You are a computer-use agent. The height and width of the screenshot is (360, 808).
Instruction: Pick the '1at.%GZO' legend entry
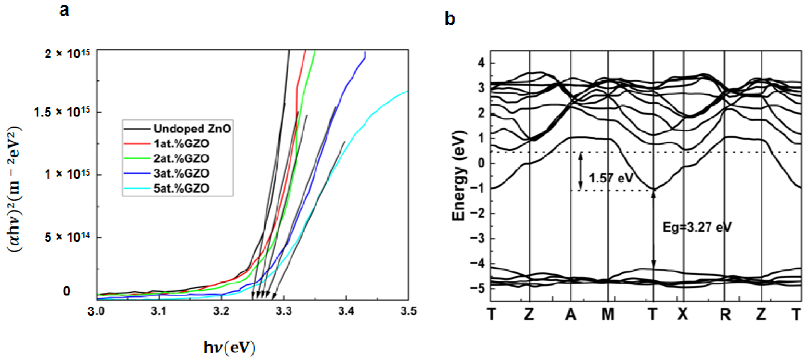181,144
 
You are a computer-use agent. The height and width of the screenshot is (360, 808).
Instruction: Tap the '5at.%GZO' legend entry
181,188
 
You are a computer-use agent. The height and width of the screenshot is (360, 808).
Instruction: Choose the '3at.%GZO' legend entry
181,173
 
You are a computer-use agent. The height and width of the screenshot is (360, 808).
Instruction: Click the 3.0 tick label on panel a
96,311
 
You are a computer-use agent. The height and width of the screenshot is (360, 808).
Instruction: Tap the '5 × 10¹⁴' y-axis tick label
67,237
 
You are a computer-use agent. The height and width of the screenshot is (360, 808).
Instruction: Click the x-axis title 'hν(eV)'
229,348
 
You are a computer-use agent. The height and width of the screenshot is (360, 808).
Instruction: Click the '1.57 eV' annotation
610,178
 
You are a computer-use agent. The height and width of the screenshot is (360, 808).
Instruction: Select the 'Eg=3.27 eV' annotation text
697,227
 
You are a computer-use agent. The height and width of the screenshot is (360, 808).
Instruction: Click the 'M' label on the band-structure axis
608,314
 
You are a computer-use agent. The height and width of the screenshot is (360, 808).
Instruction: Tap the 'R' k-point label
725,314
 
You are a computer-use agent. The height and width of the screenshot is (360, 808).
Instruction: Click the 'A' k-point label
570,314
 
